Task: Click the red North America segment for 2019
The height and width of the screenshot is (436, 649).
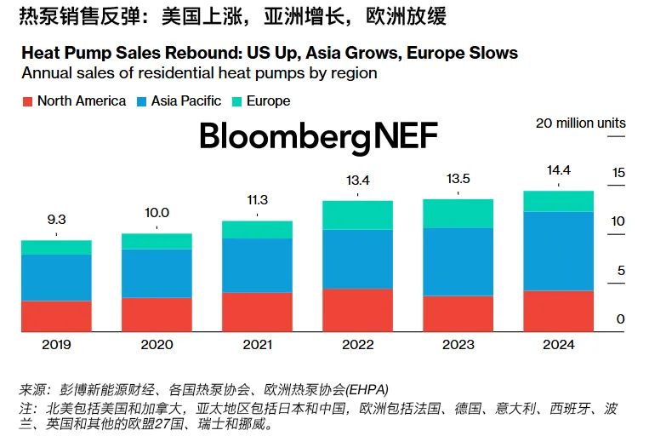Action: point(56,316)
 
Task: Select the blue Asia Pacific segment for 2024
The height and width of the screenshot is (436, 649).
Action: point(558,251)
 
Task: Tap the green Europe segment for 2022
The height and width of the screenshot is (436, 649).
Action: point(357,215)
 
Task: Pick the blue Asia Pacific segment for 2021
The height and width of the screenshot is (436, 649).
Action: point(257,265)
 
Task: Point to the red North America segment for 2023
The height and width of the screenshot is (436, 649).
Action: point(458,313)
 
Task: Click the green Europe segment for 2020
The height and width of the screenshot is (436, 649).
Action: point(157,241)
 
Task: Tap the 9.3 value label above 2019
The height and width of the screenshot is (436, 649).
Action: point(56,220)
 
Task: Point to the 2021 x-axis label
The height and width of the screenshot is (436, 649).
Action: point(257,345)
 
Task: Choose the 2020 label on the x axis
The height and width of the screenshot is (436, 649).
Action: point(157,345)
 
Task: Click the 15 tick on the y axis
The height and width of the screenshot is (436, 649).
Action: point(618,173)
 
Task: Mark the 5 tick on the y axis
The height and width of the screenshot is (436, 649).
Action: point(621,271)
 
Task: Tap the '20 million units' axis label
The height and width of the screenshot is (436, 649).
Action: point(580,123)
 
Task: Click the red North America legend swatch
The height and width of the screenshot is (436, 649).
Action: point(27,101)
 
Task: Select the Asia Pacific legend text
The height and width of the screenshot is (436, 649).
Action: point(186,101)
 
